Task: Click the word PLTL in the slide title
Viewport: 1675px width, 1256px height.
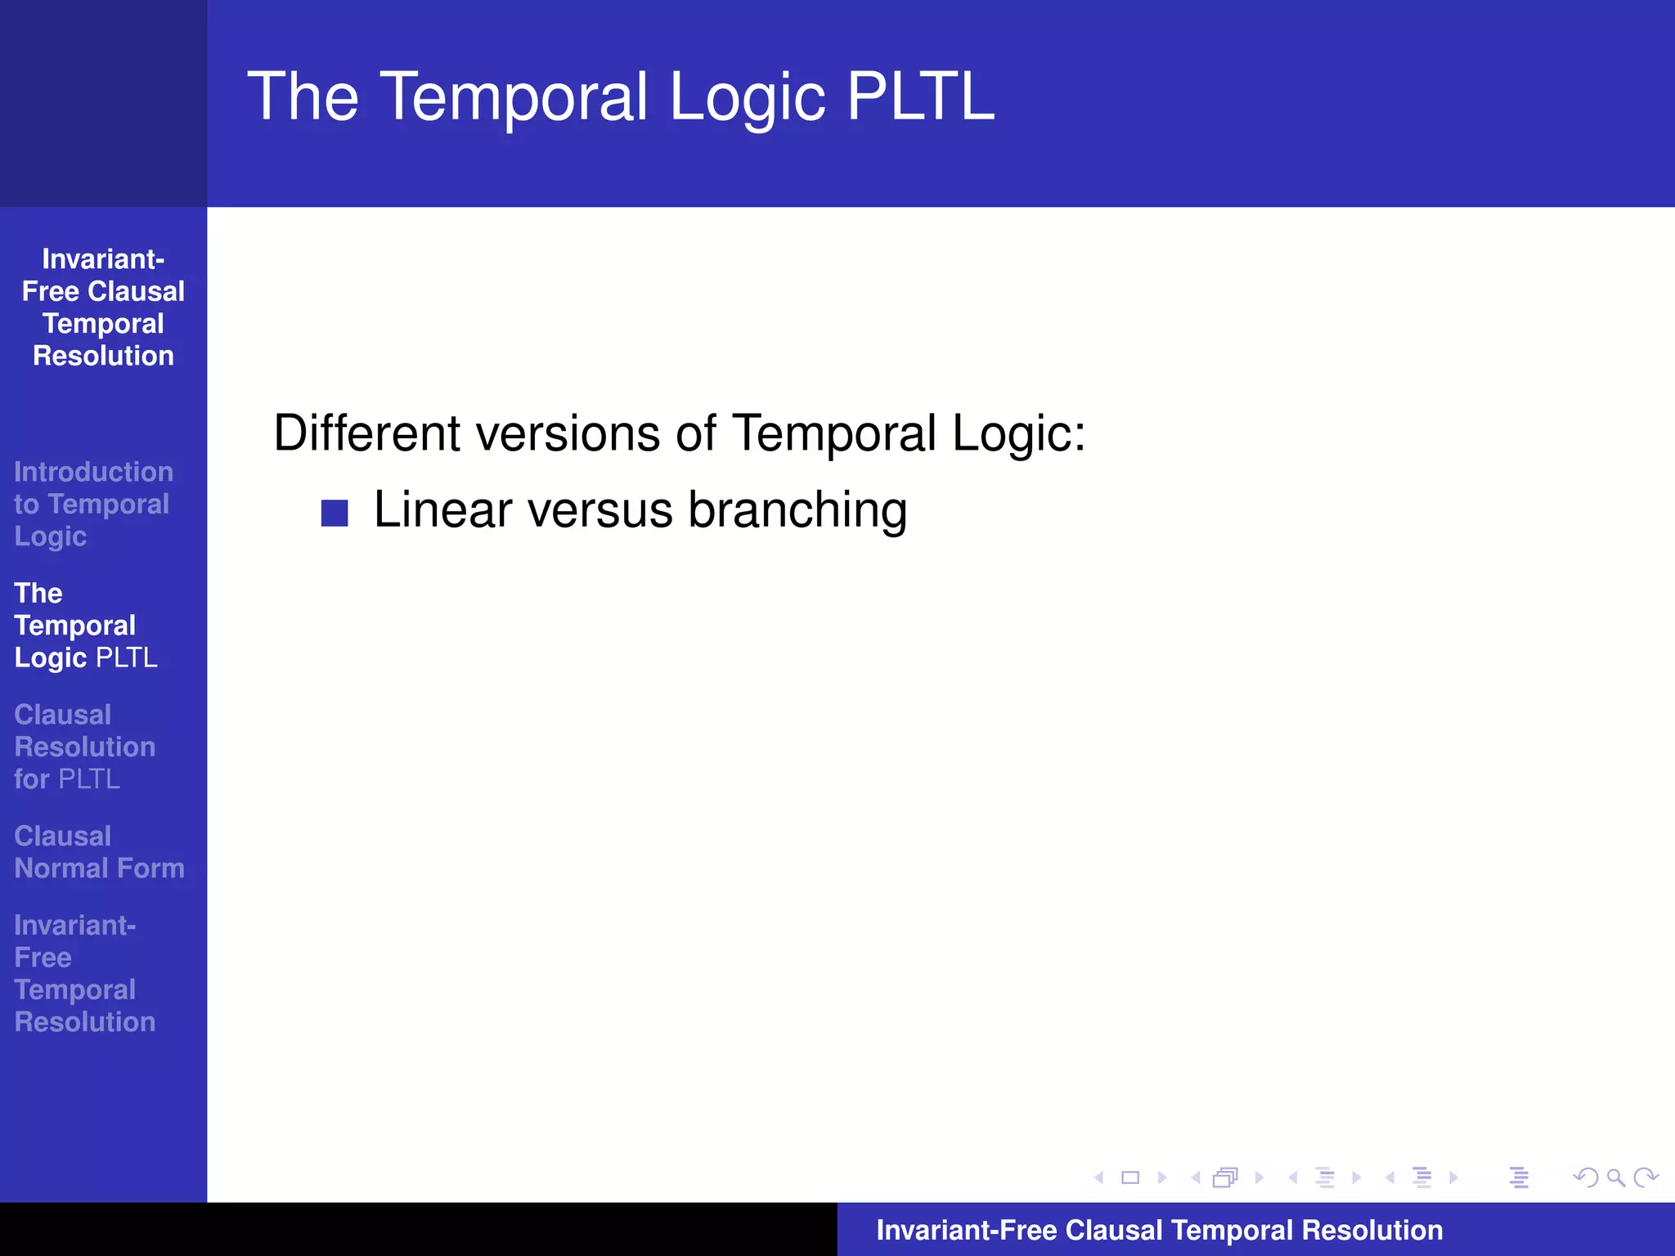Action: click(920, 96)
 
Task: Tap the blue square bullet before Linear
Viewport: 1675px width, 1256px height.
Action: click(335, 513)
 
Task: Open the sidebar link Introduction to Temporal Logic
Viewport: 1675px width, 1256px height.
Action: click(92, 504)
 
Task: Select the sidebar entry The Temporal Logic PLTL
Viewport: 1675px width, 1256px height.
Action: click(85, 626)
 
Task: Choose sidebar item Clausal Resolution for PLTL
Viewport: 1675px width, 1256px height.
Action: click(84, 747)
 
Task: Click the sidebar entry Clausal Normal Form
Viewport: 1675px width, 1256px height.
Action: click(99, 852)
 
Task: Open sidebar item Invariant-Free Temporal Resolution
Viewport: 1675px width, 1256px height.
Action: click(84, 973)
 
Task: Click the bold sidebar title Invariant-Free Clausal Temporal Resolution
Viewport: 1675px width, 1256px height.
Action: click(103, 307)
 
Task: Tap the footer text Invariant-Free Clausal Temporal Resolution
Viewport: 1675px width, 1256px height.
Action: click(1159, 1230)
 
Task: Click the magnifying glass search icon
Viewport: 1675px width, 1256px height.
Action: click(1615, 1177)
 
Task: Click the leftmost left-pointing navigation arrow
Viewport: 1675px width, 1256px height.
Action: click(1098, 1177)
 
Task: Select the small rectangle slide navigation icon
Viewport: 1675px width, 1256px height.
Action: click(1130, 1177)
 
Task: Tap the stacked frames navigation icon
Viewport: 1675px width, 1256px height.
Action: click(1225, 1177)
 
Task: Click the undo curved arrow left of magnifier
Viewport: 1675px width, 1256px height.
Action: click(1585, 1177)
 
